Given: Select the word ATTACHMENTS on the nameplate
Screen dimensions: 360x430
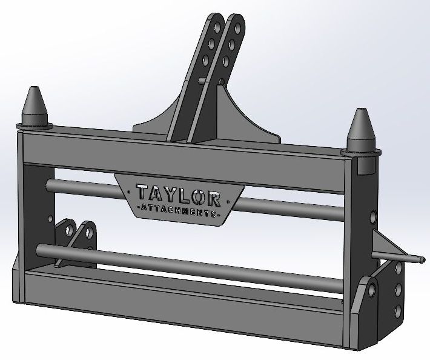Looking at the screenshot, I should (x=178, y=213).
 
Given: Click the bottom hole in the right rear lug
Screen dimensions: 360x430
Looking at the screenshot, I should (x=398, y=312).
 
